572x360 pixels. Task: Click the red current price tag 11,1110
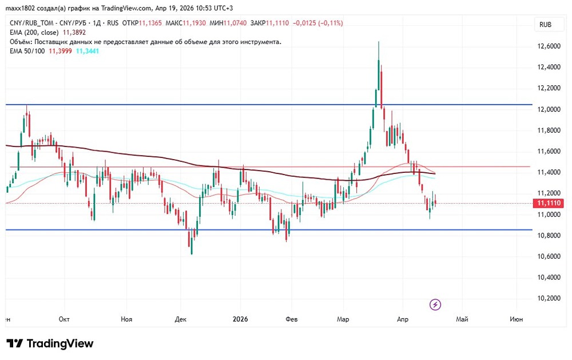[x=547, y=203]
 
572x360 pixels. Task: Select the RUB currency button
[x=545, y=25]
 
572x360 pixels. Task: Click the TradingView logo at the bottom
[x=50, y=343]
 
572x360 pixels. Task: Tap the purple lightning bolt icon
[x=435, y=304]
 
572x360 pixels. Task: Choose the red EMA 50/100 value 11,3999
[x=60, y=52]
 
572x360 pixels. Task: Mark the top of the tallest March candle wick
[x=379, y=42]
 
